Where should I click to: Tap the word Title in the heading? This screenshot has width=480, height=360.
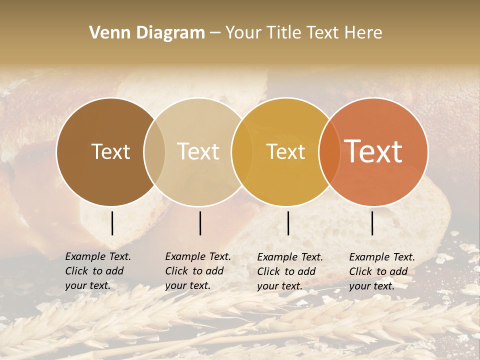pos(283,33)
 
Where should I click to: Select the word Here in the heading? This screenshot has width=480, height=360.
pos(363,33)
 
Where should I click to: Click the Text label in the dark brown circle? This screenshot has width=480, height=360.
pos(110,151)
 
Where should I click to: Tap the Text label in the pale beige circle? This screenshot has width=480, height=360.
pos(198,151)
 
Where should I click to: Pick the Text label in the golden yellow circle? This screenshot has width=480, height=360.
pos(285,151)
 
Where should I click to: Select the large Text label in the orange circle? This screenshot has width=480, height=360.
pos(373,151)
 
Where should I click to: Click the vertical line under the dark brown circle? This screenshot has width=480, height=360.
pos(112,223)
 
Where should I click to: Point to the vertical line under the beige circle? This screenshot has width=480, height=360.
pos(200,223)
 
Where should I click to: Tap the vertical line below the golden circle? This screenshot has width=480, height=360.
pos(288,223)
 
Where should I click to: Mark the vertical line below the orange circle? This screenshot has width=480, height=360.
pos(372,223)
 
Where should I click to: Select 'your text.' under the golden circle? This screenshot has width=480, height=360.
pos(280,286)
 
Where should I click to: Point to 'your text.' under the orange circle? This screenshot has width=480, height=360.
pos(372,286)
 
